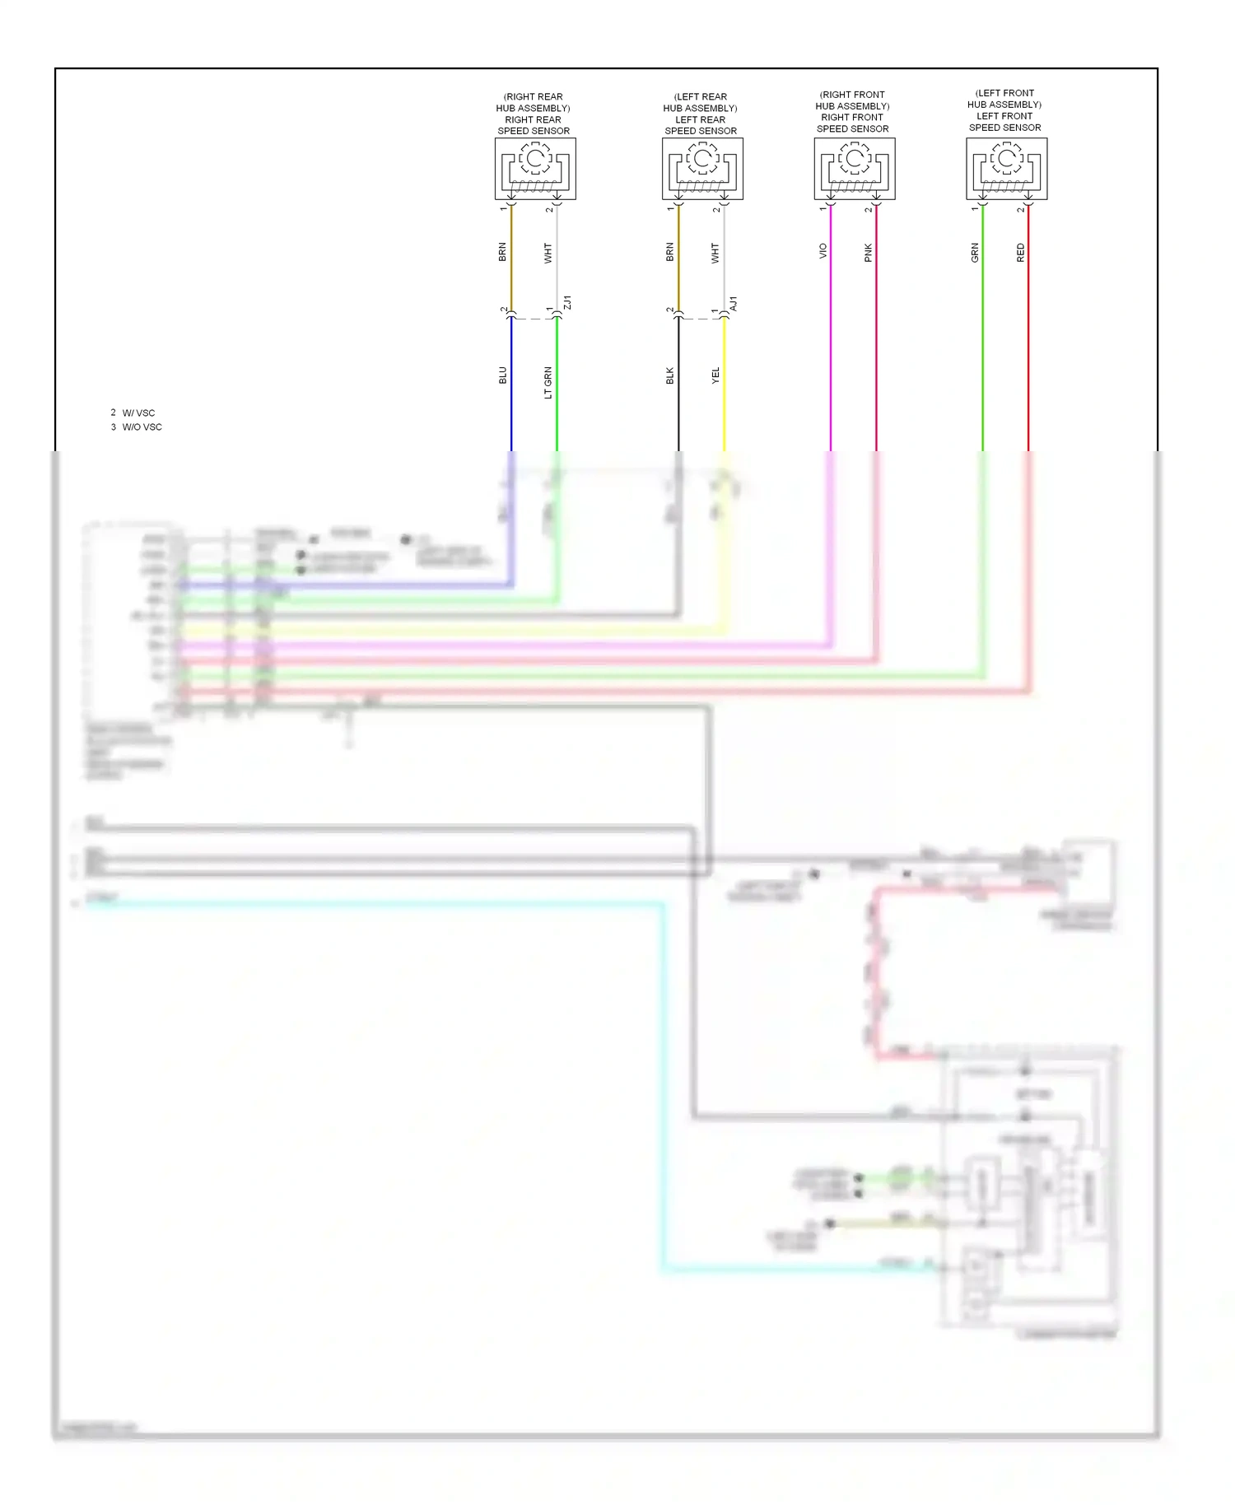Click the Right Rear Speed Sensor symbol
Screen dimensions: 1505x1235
click(x=535, y=169)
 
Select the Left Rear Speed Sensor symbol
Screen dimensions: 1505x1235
click(x=702, y=169)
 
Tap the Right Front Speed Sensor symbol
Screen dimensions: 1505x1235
click(x=855, y=169)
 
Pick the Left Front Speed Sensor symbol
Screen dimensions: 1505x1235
click(x=1006, y=169)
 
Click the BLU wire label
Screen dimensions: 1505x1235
click(x=503, y=375)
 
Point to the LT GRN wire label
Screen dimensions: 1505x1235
click(x=548, y=383)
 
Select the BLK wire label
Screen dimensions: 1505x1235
click(x=670, y=375)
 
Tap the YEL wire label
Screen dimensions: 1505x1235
click(x=715, y=375)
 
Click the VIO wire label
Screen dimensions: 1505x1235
click(x=823, y=251)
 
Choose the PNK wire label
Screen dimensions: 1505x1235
click(x=868, y=253)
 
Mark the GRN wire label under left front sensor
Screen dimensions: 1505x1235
click(x=975, y=253)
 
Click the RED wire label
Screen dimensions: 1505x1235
click(x=1021, y=253)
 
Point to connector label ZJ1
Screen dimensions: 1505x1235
click(x=566, y=303)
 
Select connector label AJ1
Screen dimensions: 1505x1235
click(x=734, y=303)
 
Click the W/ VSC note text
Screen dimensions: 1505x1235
click(x=137, y=412)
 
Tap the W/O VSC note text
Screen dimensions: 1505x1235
click(x=141, y=427)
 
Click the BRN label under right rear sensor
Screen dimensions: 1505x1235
click(x=503, y=252)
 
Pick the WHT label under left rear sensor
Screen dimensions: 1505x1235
click(x=715, y=253)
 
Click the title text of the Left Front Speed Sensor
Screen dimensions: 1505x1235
click(x=1004, y=110)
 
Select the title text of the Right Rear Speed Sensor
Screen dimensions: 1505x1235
click(x=534, y=114)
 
